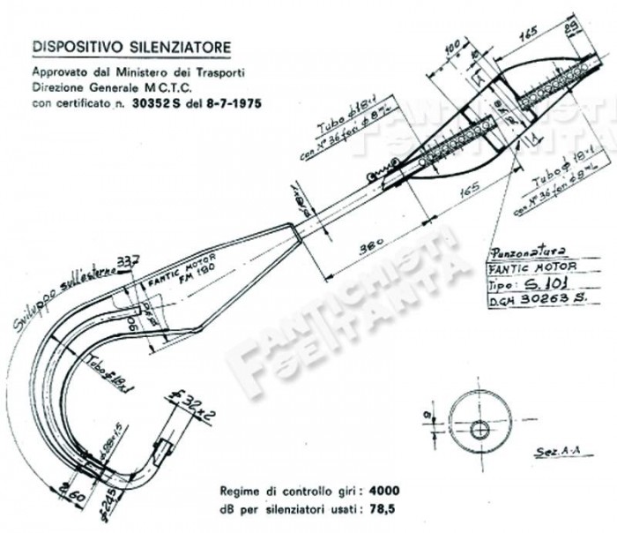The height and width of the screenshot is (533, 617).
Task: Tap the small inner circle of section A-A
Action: (479, 430)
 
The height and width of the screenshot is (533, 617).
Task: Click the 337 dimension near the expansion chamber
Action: (130, 259)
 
